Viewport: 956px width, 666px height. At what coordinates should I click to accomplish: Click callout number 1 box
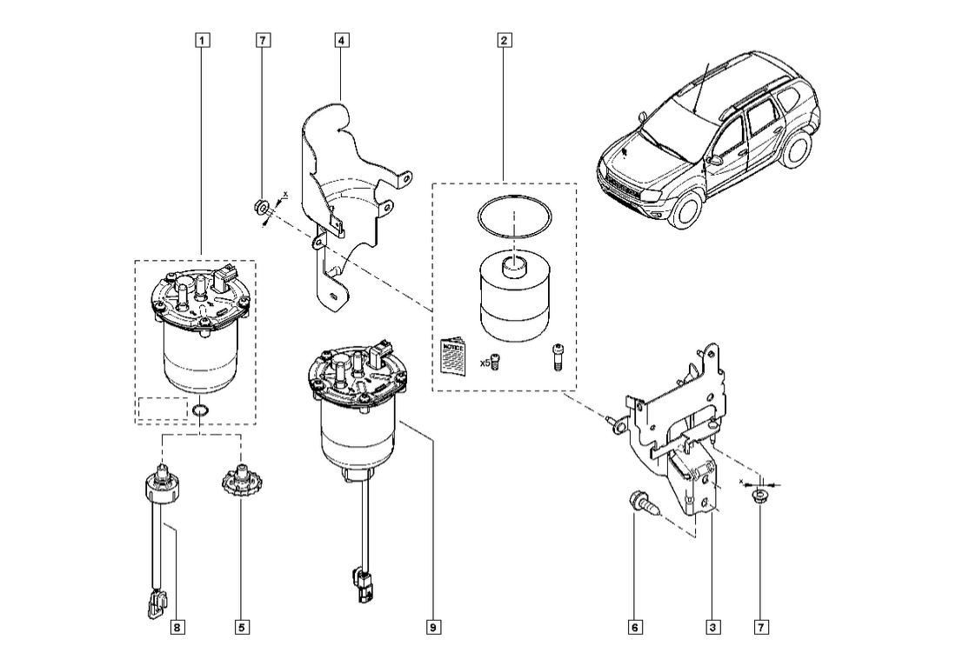point(202,40)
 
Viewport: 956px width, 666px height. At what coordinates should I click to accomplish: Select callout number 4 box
point(342,40)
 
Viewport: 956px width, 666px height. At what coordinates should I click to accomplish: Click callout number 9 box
point(433,626)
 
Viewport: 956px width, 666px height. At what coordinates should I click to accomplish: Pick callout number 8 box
point(177,626)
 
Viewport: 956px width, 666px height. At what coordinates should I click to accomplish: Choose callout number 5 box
point(241,626)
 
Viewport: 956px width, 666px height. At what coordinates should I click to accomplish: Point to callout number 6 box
point(636,626)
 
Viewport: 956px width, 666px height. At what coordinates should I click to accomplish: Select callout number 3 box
point(713,626)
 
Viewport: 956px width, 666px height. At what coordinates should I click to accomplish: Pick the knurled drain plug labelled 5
point(239,479)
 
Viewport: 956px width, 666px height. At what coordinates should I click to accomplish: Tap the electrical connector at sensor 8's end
point(156,602)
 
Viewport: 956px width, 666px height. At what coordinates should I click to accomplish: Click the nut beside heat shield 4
point(258,207)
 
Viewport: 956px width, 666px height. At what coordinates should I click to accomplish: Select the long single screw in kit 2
point(557,357)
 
